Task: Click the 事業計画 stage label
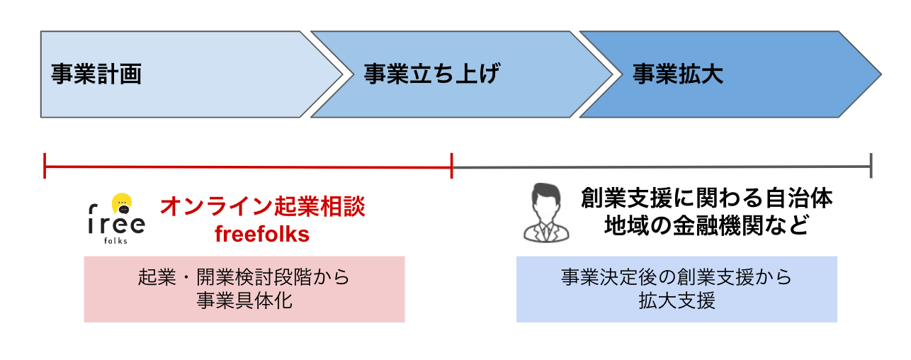pos(96,74)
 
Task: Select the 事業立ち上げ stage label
pos(432,74)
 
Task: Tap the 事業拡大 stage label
pos(678,74)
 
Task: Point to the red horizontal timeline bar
pos(248,167)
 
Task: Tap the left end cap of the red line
pos(45,166)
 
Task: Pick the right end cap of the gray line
pos(871,166)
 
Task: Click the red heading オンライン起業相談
pos(262,207)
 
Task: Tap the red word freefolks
pos(262,235)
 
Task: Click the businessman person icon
pos(545,212)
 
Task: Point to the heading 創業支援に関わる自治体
pos(706,198)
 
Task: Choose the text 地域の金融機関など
pos(706,226)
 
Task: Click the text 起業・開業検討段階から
pos(244,277)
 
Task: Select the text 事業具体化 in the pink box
pos(244,300)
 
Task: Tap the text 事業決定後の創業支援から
pos(676,277)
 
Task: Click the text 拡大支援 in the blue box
pos(676,300)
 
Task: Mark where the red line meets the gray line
pos(451,167)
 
